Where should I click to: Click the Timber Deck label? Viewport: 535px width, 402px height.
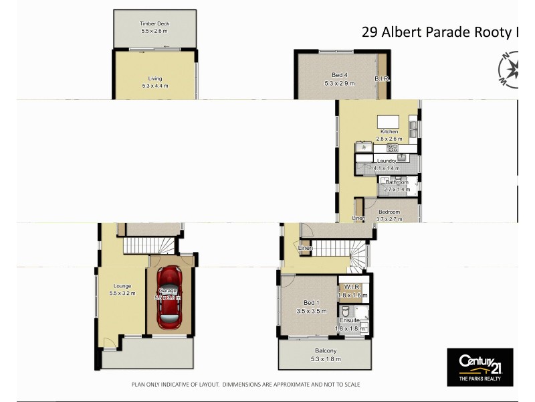coord(154,23)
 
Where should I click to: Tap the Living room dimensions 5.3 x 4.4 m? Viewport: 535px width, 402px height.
coord(154,86)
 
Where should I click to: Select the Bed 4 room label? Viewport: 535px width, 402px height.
coord(338,74)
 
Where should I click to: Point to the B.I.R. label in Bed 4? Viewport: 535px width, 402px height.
coord(382,78)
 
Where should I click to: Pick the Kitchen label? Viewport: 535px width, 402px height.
coord(389,131)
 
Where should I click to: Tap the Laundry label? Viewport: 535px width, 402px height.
coord(387,161)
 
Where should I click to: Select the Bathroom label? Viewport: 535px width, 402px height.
coord(397,182)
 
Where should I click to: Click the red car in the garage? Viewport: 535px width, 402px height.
coord(169,298)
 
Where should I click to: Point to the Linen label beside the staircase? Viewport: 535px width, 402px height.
coord(306,249)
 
